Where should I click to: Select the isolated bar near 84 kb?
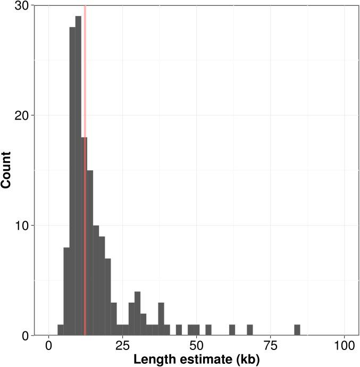pyautogui.click(x=297, y=330)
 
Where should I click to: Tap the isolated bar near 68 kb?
pyautogui.click(x=250, y=330)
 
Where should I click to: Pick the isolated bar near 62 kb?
pyautogui.click(x=232, y=330)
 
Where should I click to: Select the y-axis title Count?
pyautogui.click(x=7, y=170)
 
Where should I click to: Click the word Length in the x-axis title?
pyautogui.click(x=154, y=360)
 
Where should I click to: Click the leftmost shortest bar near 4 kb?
pyautogui.click(x=61, y=330)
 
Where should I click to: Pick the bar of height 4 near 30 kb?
pyautogui.click(x=138, y=314)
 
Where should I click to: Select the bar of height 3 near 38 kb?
pyautogui.click(x=161, y=319)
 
